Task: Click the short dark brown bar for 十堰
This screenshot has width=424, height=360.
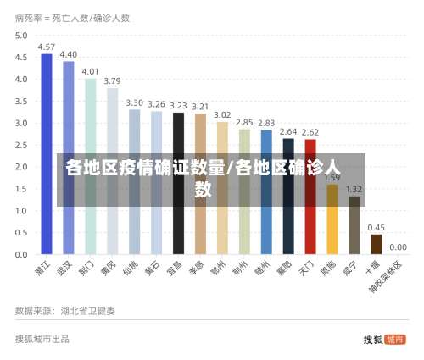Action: pyautogui.click(x=377, y=244)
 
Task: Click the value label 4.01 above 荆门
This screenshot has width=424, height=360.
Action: pyautogui.click(x=90, y=71)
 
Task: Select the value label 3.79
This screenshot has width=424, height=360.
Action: pyautogui.click(x=112, y=81)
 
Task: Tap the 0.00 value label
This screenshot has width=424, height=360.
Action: pyautogui.click(x=399, y=248)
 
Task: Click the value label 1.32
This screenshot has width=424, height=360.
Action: pyautogui.click(x=354, y=189)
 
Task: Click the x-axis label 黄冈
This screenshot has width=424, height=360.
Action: pyautogui.click(x=108, y=270)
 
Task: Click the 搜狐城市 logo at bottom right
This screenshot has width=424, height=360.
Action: pyautogui.click(x=384, y=340)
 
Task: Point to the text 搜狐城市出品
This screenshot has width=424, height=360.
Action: pyautogui.click(x=42, y=339)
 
